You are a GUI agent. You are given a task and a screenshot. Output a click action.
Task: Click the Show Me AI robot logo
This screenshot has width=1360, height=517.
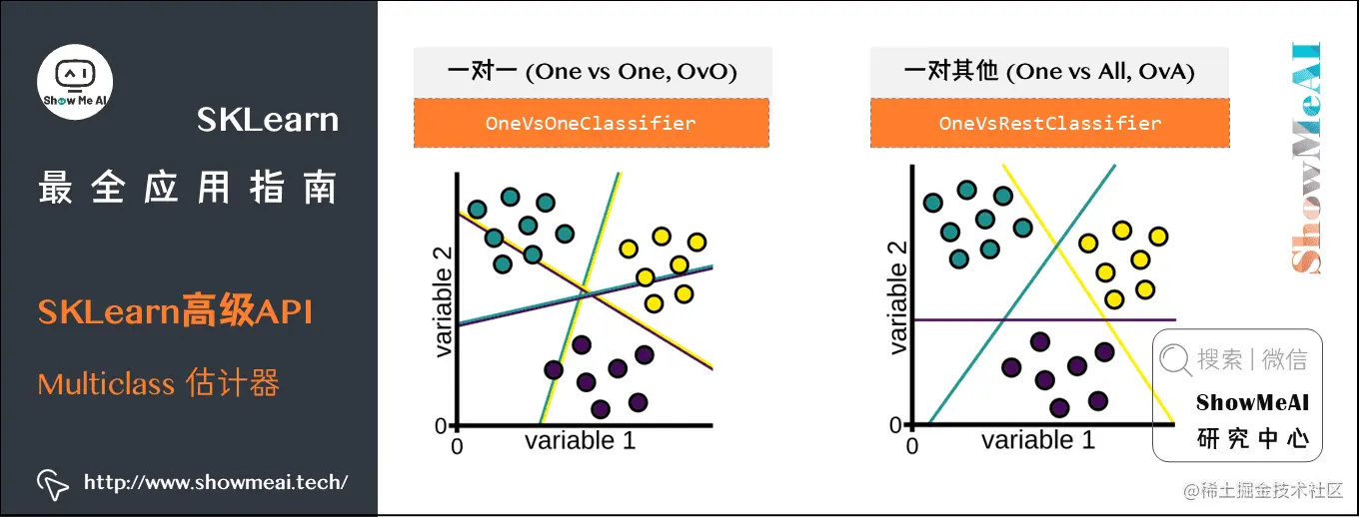point(75,80)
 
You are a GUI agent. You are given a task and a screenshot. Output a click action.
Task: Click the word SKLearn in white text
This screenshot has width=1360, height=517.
point(267,121)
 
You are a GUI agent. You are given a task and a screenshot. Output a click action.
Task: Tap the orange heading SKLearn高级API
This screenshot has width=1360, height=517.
point(176,312)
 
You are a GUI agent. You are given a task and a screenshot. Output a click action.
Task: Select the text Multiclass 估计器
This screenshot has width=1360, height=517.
point(158,383)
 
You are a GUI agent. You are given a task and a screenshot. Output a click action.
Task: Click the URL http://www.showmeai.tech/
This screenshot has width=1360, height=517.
point(216,483)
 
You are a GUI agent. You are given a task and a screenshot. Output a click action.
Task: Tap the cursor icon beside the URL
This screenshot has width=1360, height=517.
point(52,483)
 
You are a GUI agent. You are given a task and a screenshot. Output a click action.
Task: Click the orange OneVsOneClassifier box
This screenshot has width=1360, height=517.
point(591,124)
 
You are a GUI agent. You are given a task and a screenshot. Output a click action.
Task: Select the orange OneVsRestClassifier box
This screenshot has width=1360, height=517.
point(1049,124)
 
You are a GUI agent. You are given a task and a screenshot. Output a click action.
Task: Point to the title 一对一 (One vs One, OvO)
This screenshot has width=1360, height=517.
point(592,71)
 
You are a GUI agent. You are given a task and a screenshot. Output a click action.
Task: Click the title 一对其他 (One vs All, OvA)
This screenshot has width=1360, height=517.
point(1049,71)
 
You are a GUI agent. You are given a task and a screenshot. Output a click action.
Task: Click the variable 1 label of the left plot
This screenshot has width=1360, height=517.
point(580,440)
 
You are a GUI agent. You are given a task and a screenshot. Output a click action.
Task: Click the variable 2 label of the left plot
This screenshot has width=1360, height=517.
point(444,302)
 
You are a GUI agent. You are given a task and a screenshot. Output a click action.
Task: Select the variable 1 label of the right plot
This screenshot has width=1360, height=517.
point(1037,440)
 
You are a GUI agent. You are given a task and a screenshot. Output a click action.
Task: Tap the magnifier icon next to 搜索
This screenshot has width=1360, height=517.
point(1176,359)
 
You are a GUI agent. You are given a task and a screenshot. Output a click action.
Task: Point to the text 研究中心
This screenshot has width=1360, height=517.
point(1252,439)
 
